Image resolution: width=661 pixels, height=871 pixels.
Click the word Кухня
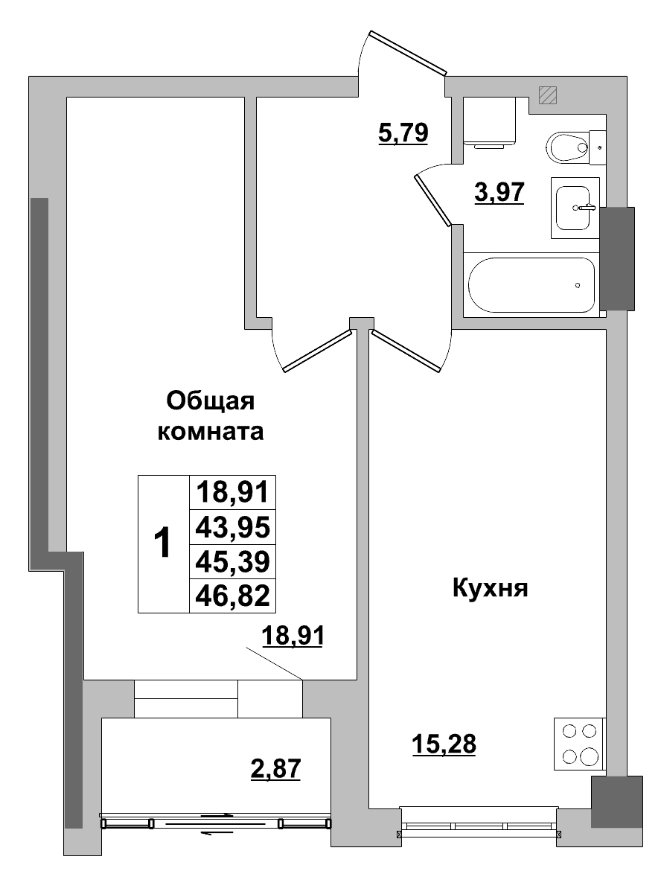pyautogui.click(x=489, y=589)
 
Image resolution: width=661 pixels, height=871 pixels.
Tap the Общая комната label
pyautogui.click(x=211, y=416)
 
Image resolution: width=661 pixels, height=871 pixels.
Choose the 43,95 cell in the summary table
pyautogui.click(x=232, y=527)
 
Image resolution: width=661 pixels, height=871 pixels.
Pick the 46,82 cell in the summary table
pyautogui.click(x=232, y=596)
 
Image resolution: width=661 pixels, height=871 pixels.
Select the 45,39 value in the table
pyautogui.click(x=232, y=561)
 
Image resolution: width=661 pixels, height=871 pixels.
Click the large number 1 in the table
pyautogui.click(x=162, y=544)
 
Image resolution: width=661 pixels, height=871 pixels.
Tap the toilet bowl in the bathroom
pyautogui.click(x=569, y=146)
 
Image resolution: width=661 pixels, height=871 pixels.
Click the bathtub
pyautogui.click(x=531, y=285)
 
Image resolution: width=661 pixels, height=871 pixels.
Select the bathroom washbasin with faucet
pyautogui.click(x=575, y=208)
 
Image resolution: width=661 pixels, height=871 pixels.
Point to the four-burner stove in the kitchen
pyautogui.click(x=581, y=744)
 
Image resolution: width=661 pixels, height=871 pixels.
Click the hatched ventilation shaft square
pyautogui.click(x=549, y=95)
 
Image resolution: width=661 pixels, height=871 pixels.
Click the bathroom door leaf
pyautogui.click(x=433, y=198)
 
